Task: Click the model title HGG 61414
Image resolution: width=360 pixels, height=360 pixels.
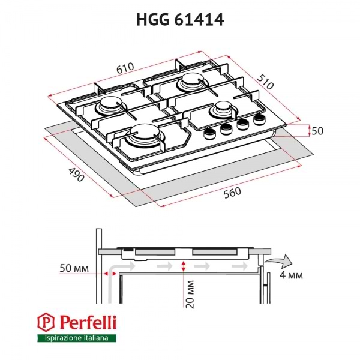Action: click(x=180, y=20)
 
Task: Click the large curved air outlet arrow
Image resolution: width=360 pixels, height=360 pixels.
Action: click(x=281, y=260)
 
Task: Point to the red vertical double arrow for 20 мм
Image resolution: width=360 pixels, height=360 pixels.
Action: click(x=184, y=266)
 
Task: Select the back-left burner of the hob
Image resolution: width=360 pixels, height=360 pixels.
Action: click(x=112, y=106)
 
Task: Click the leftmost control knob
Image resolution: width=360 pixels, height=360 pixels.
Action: click(x=209, y=133)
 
